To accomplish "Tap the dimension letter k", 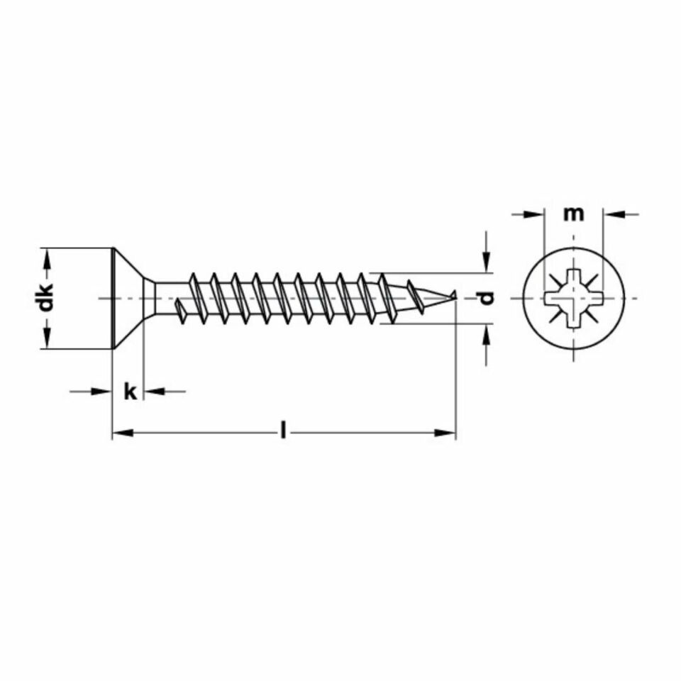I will [x=130, y=392].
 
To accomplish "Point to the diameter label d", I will [x=486, y=298].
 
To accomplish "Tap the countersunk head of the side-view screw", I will [x=128, y=298].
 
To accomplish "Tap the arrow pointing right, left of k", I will [x=104, y=391].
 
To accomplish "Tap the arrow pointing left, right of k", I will [x=153, y=391].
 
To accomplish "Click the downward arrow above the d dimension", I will [x=486, y=262].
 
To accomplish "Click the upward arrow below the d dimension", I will [x=486, y=333].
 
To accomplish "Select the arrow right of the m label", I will [x=613, y=213].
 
